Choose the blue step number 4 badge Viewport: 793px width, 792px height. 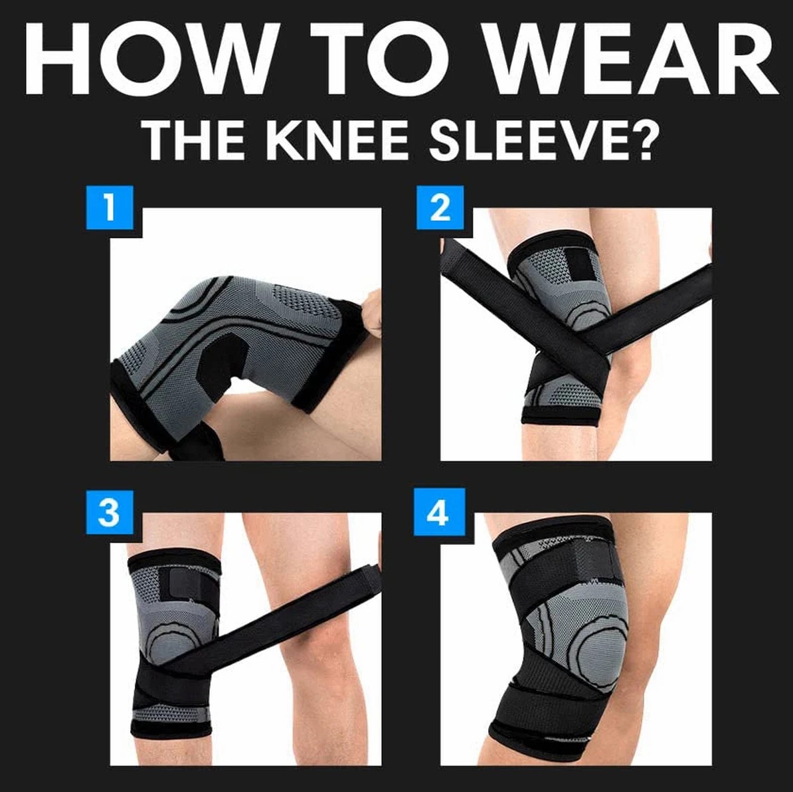[x=437, y=512]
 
